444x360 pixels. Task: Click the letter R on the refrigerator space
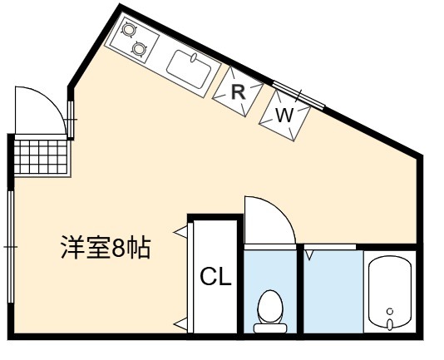pos(238,91)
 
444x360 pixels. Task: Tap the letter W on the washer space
pos(284,115)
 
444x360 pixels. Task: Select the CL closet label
pos(216,276)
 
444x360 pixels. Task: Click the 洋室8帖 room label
pos(106,247)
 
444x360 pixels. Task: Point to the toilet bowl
pos(270,307)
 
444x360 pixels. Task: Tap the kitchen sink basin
pos(189,69)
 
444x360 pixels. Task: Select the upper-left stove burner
pos(129,29)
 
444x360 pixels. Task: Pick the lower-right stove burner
pos(139,49)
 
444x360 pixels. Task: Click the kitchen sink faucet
pos(194,57)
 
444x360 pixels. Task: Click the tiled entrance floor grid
pos(42,156)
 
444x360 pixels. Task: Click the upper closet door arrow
pos(180,232)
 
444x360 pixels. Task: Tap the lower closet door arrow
pos(180,323)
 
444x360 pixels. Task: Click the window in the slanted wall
pos(298,95)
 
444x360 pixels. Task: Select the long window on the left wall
pos(11,247)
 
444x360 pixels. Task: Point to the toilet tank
pos(270,328)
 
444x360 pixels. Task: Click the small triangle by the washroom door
pos(309,256)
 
